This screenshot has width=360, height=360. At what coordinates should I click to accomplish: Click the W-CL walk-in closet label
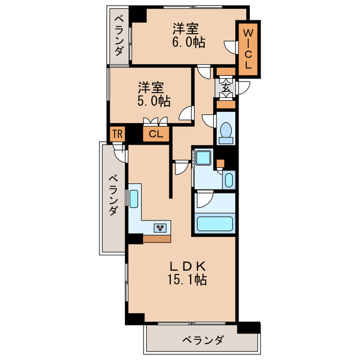coord(247,48)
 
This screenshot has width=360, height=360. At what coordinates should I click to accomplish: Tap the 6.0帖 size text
coord(188,42)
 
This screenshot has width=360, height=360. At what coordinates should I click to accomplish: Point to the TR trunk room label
coord(116,134)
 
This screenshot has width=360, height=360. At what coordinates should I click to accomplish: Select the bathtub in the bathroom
coord(215,223)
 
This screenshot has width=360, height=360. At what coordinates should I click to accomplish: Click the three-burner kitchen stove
coord(162,227)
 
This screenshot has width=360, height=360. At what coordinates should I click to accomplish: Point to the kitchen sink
coord(134,199)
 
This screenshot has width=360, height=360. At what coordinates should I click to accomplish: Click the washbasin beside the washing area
coord(228,180)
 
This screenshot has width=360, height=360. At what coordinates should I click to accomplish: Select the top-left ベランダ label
coord(119,35)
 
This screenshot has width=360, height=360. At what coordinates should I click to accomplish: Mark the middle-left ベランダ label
coord(112,195)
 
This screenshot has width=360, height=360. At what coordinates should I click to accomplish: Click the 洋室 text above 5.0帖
coord(152,88)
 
